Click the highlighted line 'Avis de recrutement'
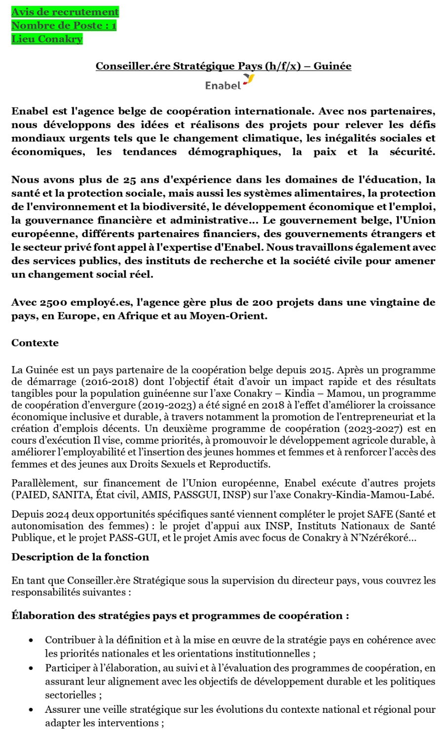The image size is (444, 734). [65, 12]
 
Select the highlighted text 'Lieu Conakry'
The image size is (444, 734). [47, 39]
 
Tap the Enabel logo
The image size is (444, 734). [229, 83]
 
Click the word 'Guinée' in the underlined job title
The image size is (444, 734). [333, 66]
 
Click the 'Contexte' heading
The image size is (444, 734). [35, 343]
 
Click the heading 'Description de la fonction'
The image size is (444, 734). [80, 557]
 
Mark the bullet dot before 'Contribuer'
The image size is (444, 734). [32, 640]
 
